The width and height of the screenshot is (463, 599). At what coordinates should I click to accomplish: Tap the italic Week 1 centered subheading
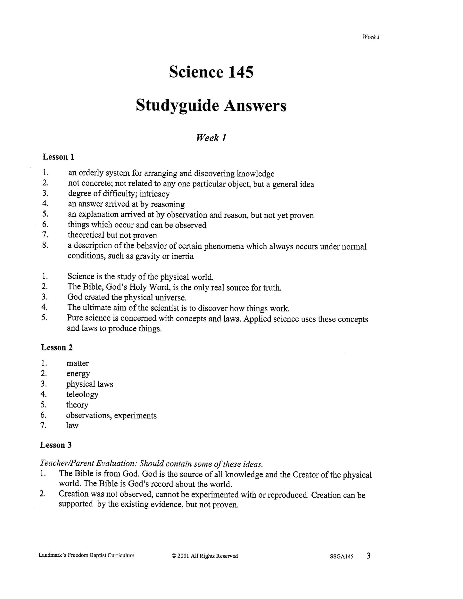coord(211,138)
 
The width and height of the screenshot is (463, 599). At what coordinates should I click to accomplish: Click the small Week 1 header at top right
coord(371,37)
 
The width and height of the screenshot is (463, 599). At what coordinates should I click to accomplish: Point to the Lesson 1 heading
coord(59,157)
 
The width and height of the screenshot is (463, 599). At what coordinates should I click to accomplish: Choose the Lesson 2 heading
coord(57,348)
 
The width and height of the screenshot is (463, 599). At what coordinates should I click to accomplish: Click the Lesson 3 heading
coord(56,445)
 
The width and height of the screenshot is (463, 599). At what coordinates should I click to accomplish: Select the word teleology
coord(82,394)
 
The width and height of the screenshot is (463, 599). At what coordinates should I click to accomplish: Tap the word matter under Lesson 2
coord(78,363)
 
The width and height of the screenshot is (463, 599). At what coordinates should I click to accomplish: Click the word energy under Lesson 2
coord(78,374)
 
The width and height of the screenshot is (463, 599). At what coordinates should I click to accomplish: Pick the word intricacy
coord(154,194)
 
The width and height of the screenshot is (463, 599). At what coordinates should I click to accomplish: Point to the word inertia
coord(183,256)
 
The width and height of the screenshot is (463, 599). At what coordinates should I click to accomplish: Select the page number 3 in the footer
coord(368,555)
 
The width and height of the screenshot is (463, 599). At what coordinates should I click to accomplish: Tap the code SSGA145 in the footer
coord(341,556)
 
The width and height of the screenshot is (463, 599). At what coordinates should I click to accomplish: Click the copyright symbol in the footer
coord(174,556)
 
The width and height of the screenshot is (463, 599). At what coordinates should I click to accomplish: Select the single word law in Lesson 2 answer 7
coord(72,426)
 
